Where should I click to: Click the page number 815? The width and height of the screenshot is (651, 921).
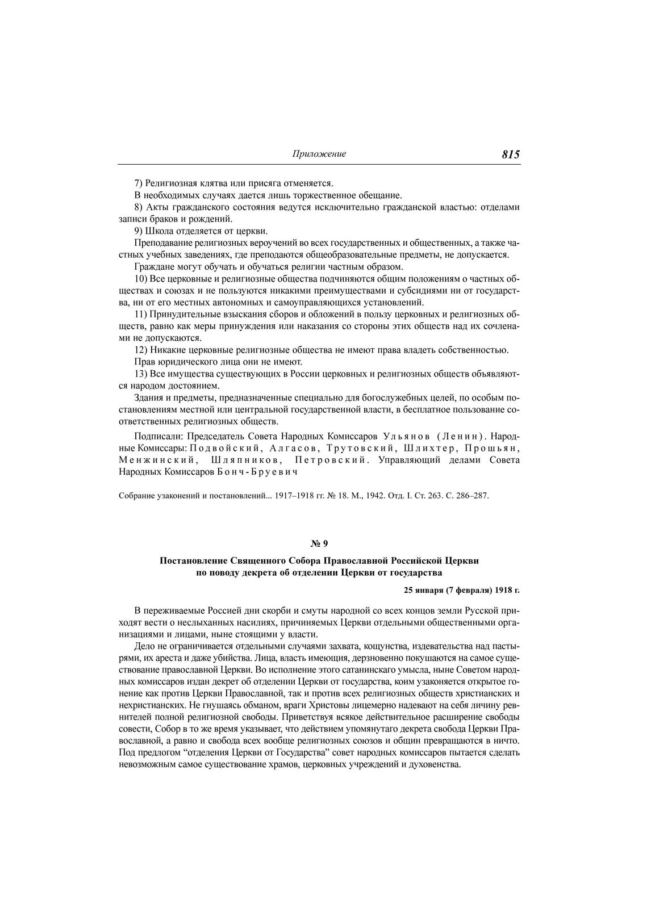click(x=511, y=154)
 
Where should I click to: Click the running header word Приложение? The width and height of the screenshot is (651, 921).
click(x=319, y=154)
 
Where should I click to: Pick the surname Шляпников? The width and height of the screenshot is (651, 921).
click(x=238, y=460)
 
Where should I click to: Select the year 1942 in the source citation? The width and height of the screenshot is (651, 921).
click(x=375, y=495)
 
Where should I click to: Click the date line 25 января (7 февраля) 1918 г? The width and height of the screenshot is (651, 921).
click(x=461, y=590)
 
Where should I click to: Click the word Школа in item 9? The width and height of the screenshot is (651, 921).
click(x=158, y=231)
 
